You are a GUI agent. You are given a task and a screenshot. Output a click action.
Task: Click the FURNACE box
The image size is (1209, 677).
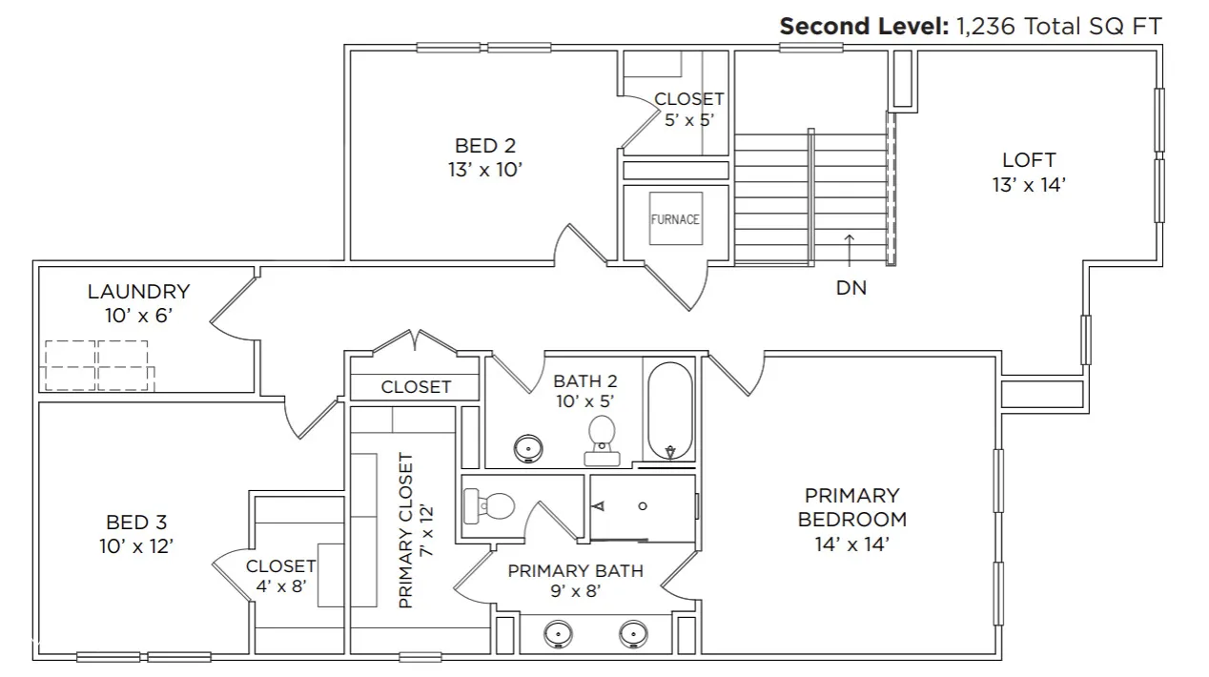[x=676, y=218]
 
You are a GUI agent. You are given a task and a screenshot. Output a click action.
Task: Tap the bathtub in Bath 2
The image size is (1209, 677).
[x=669, y=411]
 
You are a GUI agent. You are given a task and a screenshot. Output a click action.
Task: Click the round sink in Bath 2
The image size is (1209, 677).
[x=528, y=448]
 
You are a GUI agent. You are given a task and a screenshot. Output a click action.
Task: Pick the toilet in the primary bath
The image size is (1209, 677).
[x=488, y=506]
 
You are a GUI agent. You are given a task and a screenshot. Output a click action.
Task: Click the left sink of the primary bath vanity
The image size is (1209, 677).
[x=558, y=634]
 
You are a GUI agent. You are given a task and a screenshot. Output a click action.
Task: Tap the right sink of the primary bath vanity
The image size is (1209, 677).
[x=633, y=634]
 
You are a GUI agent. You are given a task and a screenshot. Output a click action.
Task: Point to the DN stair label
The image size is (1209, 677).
[x=851, y=288]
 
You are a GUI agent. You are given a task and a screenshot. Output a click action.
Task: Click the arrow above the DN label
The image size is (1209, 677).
[x=850, y=251]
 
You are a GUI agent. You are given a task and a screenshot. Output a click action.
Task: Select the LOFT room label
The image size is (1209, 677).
[x=1029, y=160]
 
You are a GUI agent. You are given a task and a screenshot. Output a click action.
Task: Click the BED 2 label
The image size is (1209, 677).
[x=485, y=146]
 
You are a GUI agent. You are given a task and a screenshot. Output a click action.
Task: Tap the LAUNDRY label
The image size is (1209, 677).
[x=138, y=292]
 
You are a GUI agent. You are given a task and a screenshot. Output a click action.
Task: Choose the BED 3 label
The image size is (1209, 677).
[x=136, y=523]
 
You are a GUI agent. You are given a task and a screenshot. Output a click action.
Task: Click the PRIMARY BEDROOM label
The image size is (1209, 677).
[x=852, y=507]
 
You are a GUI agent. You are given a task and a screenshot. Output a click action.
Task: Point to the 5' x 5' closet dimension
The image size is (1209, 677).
[x=689, y=120]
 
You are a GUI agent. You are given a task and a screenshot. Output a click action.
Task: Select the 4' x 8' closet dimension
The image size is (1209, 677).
[x=281, y=585]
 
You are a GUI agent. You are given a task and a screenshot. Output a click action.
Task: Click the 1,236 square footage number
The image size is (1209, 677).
[x=986, y=27]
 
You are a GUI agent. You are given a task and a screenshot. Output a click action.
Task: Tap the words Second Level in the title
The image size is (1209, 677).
[x=864, y=26]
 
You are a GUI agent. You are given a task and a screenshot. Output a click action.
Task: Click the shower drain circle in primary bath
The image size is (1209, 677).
[x=643, y=506]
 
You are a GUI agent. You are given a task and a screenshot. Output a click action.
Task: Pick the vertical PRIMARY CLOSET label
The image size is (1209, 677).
[x=406, y=530]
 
